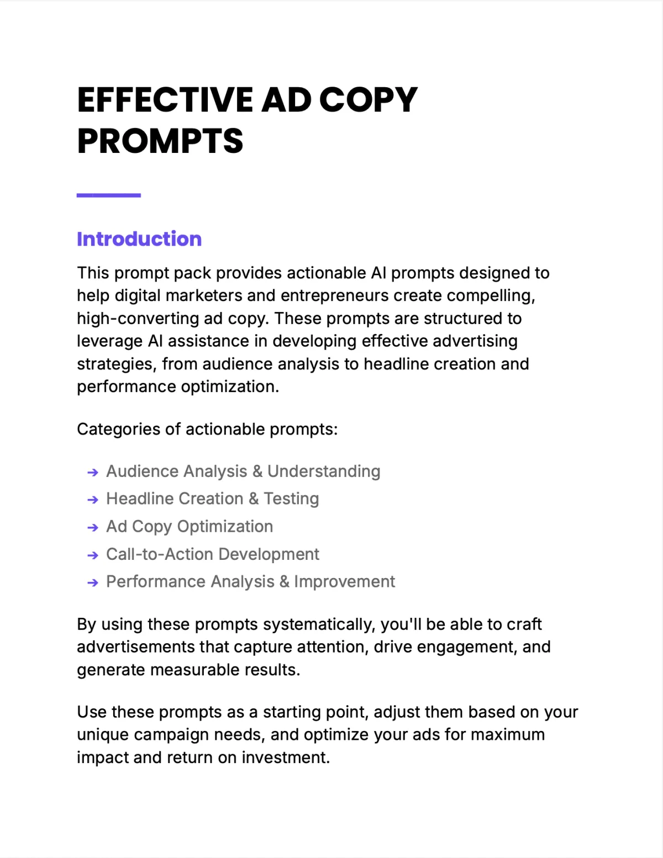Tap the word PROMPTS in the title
160,141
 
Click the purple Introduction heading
139,239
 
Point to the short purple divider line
109,195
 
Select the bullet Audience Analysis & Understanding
243,472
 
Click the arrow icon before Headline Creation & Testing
93,500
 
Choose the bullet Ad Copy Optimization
190,527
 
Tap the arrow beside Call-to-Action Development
93,555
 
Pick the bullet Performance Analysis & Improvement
250,582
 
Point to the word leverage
110,342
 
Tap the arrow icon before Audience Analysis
93,472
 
